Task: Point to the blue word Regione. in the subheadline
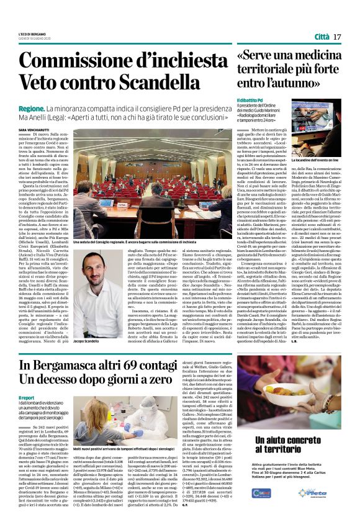point(40,107)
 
